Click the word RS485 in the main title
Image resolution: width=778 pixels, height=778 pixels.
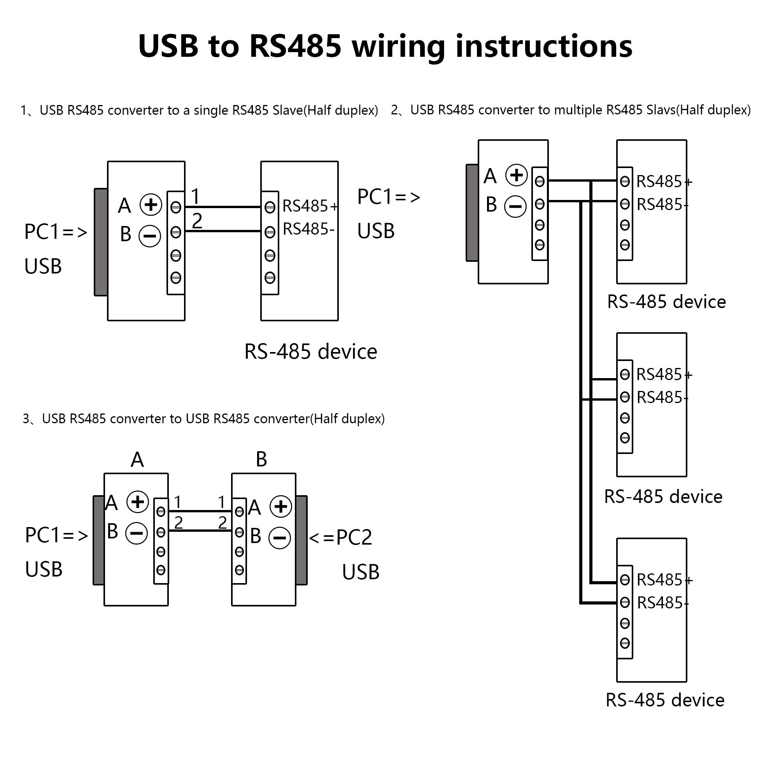point(295,46)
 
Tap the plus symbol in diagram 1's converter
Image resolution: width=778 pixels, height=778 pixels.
point(151,205)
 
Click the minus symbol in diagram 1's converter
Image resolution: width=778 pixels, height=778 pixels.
point(150,236)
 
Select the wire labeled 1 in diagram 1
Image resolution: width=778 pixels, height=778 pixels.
point(223,207)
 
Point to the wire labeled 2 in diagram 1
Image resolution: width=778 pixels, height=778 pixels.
point(223,231)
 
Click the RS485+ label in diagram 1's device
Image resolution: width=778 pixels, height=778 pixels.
point(309,206)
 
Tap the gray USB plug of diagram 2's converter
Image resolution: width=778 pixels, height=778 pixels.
point(472,213)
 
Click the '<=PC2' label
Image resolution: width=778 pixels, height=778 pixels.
point(341,537)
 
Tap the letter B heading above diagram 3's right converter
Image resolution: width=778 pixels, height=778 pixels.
point(261,459)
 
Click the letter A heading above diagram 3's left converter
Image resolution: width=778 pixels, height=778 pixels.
point(137,459)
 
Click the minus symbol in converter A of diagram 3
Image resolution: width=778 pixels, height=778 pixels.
point(137,534)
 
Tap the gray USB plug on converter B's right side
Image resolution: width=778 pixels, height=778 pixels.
point(301,540)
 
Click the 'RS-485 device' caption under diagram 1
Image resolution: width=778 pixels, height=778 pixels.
point(310,352)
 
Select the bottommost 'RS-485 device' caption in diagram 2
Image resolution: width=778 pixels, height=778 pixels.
point(665,700)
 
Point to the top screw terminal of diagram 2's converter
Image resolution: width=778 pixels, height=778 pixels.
point(540,182)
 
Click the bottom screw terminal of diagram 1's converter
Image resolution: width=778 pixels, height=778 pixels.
point(176,277)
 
